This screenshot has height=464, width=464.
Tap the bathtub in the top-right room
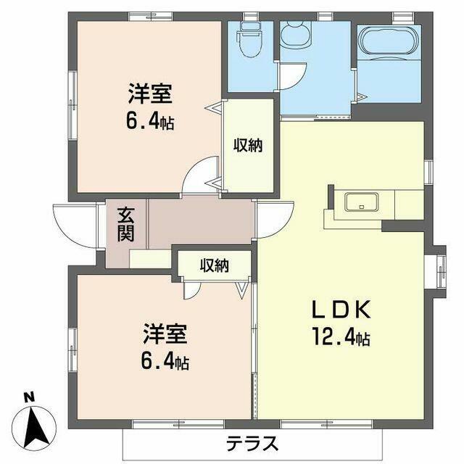pos(389,41)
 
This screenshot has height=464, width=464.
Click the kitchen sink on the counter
pos(361,202)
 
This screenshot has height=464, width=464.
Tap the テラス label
pos(252,443)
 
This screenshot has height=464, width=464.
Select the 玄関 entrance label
pos(125,225)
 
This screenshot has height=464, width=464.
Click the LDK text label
pos(341,309)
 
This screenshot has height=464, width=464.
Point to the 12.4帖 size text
pos(341,338)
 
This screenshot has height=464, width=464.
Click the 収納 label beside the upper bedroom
pos(248,145)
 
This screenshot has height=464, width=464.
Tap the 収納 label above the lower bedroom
pos(215,265)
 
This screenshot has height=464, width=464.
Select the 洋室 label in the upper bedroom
pos(150,94)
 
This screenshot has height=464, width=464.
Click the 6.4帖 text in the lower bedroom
pos(165,362)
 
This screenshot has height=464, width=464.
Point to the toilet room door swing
pos(291,76)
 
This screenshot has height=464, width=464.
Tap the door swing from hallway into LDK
pos(275,220)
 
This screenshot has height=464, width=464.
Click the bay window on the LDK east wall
pos(439,271)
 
